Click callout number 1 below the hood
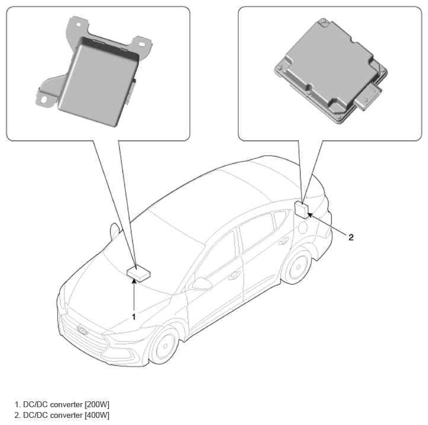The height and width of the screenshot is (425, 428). (134, 317)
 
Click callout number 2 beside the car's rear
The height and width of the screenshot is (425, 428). (351, 237)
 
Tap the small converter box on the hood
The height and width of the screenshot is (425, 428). (139, 273)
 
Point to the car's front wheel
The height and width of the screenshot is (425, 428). (164, 346)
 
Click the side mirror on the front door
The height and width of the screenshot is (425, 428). (202, 284)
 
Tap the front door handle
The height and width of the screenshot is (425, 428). (234, 276)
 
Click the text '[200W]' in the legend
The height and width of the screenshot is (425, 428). (97, 404)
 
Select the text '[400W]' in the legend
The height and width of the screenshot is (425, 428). (97, 415)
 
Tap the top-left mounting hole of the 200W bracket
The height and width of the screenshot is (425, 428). (79, 25)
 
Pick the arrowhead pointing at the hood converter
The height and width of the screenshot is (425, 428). (134, 282)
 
